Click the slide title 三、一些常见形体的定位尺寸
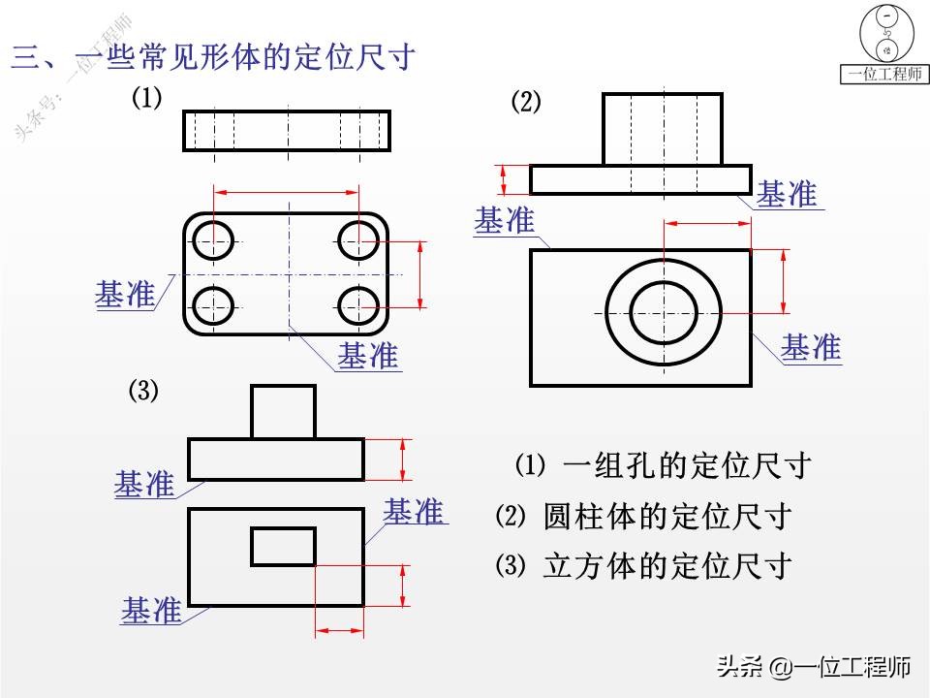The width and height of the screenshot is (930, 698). tap(213, 57)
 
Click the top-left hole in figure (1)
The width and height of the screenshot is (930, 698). tap(213, 239)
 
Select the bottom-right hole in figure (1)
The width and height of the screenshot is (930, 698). tap(359, 306)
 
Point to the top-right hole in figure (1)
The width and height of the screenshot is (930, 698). tap(359, 239)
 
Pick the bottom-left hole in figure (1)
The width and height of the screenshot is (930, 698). tap(213, 306)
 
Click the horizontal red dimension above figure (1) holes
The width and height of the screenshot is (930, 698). tap(287, 193)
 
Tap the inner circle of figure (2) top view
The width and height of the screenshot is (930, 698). tap(664, 312)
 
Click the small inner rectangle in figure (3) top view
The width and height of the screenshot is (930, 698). tap(283, 546)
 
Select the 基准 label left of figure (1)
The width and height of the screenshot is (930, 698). tap(125, 294)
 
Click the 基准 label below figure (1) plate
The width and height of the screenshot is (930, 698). tap(368, 356)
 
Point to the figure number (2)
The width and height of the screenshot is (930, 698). tap(526, 102)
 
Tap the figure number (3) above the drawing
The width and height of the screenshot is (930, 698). tap(143, 391)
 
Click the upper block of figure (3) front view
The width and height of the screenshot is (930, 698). tap(283, 411)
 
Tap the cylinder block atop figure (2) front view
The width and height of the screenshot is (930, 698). tap(663, 129)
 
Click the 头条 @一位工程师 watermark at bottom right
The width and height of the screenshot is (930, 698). tap(813, 667)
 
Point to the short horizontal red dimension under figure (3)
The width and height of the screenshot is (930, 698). tap(340, 631)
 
